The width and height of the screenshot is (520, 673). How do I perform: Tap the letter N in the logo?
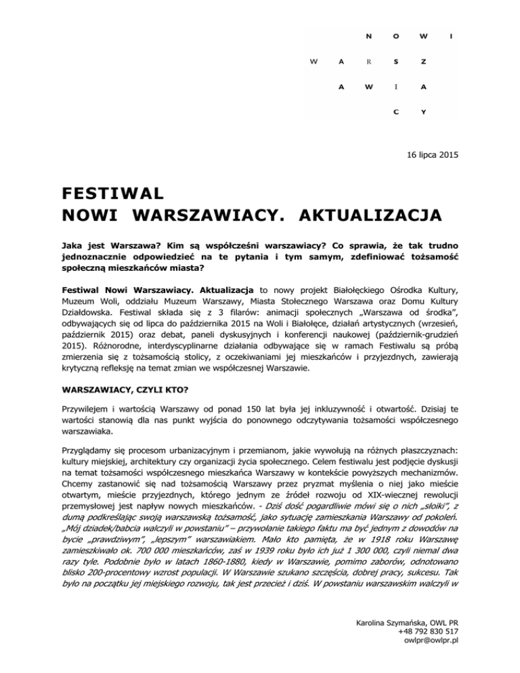tap(368, 35)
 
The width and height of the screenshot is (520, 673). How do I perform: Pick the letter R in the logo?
tap(368, 61)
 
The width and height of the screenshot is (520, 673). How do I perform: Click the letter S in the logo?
tap(395, 61)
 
